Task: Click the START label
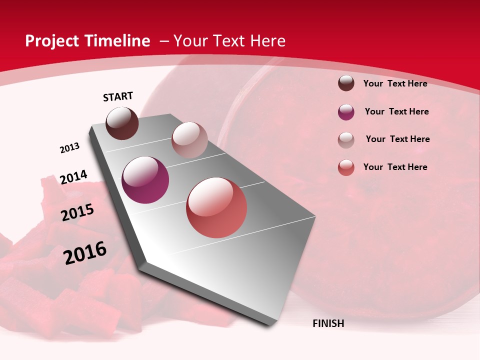[118, 96]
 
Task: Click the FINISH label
[328, 323]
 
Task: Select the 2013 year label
[69, 148]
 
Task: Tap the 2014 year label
[73, 177]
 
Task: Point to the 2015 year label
[77, 212]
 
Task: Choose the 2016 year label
[85, 253]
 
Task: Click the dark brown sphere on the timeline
[122, 123]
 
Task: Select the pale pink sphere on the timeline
[189, 140]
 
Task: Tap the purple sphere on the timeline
[145, 180]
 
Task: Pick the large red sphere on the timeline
[216, 207]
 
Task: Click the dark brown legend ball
[346, 83]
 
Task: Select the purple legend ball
[346, 112]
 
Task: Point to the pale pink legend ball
[346, 140]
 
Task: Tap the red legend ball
[346, 167]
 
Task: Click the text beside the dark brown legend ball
[395, 83]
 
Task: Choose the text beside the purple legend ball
[396, 111]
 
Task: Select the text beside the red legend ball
[395, 167]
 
